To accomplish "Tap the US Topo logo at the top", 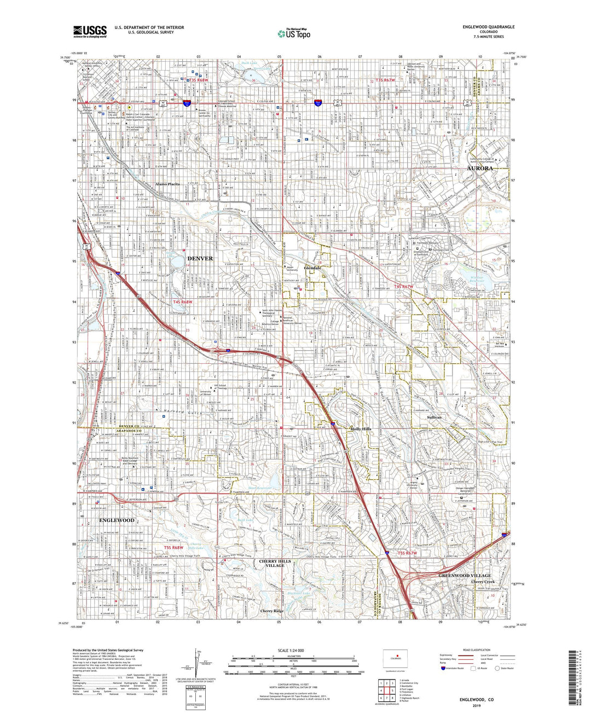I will (294, 33).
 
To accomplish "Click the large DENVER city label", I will (200, 258).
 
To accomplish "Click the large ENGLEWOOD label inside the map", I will (117, 520).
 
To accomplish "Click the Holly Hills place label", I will (360, 429).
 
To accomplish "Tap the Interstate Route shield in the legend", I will (443, 667).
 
